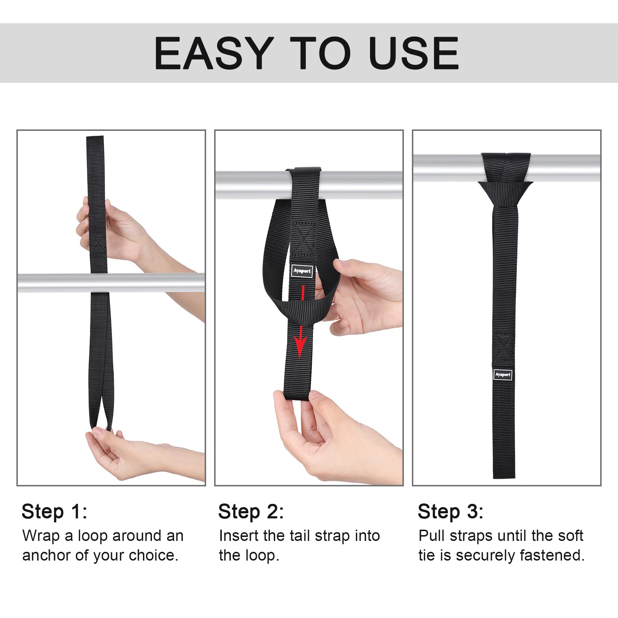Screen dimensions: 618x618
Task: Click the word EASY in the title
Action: [214, 53]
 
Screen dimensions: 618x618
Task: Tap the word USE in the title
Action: [413, 53]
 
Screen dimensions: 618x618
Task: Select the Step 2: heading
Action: [251, 511]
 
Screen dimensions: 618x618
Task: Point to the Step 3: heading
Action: [450, 511]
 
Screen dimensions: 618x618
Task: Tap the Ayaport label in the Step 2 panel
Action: [302, 271]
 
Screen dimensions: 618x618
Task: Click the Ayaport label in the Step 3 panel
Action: [503, 374]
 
